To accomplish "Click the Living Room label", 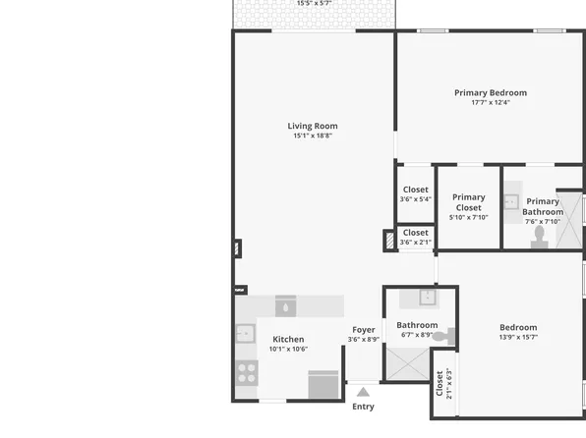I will click(x=313, y=126).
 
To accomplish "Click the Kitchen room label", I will click(x=288, y=339).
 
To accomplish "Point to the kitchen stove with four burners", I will click(x=246, y=372).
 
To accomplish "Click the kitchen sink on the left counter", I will click(x=244, y=334).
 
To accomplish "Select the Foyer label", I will click(x=364, y=330).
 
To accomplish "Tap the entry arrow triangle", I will click(x=363, y=391).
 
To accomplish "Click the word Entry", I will click(x=363, y=407).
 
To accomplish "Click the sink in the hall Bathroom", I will click(x=428, y=298).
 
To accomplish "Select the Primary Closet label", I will click(x=469, y=202).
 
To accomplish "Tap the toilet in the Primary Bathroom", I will click(x=539, y=240).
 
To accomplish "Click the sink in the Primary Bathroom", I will click(x=511, y=202).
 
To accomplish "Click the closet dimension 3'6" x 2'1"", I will click(x=415, y=242).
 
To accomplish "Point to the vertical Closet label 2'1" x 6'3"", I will click(x=443, y=382).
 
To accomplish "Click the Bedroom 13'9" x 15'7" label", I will click(x=518, y=332).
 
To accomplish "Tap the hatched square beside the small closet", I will click(x=389, y=240).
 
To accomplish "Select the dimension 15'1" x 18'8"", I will click(x=313, y=136).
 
